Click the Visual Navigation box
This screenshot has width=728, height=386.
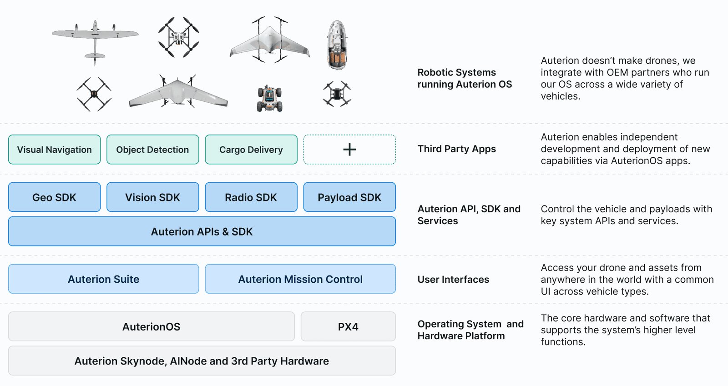click(54, 149)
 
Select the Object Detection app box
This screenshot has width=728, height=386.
click(153, 149)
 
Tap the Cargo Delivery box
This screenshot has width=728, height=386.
click(251, 149)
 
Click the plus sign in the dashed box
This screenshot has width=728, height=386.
click(349, 149)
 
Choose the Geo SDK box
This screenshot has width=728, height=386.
click(54, 197)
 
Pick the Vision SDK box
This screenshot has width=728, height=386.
click(153, 197)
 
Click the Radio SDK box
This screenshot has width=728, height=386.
click(251, 197)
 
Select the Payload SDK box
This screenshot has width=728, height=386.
click(349, 197)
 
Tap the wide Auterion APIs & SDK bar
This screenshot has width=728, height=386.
click(202, 231)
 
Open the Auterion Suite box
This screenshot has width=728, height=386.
click(103, 279)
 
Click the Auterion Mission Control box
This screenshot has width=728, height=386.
click(300, 279)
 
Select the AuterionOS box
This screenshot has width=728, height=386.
click(151, 326)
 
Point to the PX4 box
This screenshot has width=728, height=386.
click(348, 326)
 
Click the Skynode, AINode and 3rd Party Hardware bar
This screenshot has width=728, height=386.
click(202, 361)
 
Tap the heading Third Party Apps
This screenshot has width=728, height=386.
click(457, 149)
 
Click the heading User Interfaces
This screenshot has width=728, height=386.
click(453, 279)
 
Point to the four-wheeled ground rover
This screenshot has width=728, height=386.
click(270, 99)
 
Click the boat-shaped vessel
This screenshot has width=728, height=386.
click(337, 45)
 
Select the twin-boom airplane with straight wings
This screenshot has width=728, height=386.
click(95, 42)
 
